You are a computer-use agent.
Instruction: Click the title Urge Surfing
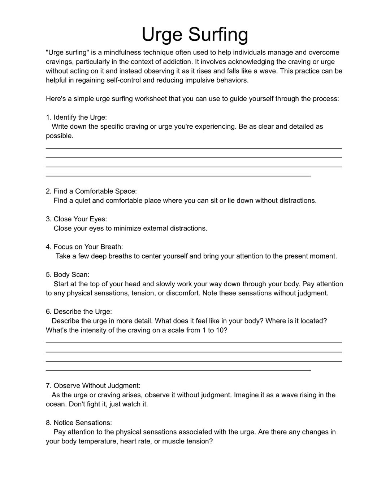coord(195,35)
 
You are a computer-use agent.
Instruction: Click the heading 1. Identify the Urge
coord(76,117)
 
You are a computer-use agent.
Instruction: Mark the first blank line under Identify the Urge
coord(194,148)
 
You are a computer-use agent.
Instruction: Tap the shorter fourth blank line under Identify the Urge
coord(178,176)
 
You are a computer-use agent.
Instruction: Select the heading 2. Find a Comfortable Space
coord(91,191)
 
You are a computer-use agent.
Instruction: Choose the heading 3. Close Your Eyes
coord(76,219)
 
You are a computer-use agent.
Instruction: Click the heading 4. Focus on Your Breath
coord(84,247)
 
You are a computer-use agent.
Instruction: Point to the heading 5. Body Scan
coord(68,274)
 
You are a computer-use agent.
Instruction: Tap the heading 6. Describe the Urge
coord(79,311)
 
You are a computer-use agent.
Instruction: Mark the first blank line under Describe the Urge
coord(194,342)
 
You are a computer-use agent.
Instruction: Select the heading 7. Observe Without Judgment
coord(93,386)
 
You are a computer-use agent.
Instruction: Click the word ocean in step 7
coord(56,404)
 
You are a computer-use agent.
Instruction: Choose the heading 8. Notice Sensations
coord(79,423)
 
